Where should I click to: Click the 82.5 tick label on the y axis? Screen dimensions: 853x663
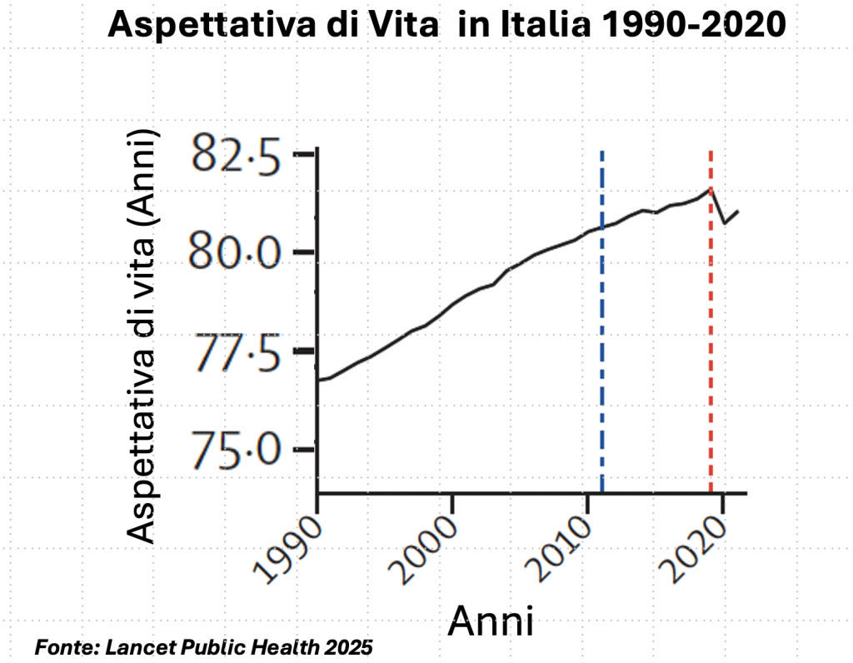(237, 155)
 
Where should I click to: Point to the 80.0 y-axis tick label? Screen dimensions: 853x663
(235, 252)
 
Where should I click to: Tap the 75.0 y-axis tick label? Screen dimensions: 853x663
(236, 450)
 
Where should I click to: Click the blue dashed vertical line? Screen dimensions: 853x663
(602, 322)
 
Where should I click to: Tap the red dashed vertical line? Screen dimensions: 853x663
(711, 322)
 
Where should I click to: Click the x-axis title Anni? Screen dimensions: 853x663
(491, 621)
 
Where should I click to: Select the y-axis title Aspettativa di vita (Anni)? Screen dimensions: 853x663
(141, 336)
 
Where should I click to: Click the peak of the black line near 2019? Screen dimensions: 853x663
(710, 189)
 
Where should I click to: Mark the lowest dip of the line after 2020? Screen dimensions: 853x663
(725, 223)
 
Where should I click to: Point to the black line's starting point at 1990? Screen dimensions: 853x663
(318, 380)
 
